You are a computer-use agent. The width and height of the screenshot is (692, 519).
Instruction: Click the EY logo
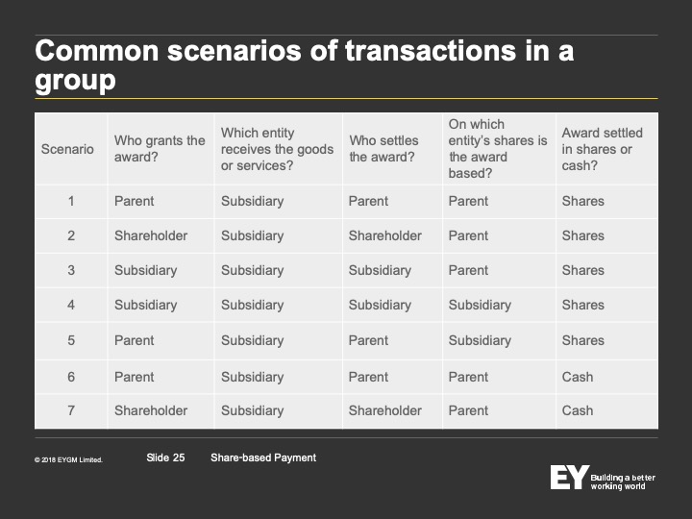(569, 477)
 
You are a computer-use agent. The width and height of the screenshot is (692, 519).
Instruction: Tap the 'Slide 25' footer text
(165, 457)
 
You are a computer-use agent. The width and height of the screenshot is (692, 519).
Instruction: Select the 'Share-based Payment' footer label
(263, 457)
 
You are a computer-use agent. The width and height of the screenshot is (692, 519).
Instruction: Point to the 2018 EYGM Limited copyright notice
(68, 459)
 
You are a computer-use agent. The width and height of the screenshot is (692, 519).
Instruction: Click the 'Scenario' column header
(67, 149)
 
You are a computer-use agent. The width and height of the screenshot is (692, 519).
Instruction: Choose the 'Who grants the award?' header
(160, 149)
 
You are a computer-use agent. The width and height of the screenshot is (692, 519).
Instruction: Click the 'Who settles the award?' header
(383, 149)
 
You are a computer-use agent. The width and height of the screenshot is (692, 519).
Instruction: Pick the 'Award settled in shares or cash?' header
(602, 149)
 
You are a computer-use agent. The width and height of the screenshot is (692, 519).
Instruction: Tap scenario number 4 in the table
(71, 305)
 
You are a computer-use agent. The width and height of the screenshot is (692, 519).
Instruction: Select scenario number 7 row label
(71, 411)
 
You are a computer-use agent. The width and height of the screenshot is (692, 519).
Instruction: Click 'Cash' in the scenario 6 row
(578, 377)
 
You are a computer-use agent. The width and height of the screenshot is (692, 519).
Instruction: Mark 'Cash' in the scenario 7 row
(578, 411)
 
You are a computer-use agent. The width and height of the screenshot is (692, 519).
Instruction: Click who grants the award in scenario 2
(151, 235)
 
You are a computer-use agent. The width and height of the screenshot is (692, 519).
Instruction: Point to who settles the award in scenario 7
(384, 411)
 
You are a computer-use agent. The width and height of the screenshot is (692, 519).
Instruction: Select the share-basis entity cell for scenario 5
(480, 340)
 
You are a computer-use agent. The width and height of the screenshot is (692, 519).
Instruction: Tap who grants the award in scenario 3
(146, 270)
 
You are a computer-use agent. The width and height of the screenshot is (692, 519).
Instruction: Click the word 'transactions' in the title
(431, 50)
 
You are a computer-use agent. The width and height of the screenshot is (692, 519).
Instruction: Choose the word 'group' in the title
(75, 81)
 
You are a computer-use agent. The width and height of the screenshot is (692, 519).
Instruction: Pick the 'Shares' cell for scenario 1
(583, 201)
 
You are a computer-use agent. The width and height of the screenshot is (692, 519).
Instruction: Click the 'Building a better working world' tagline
(623, 482)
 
